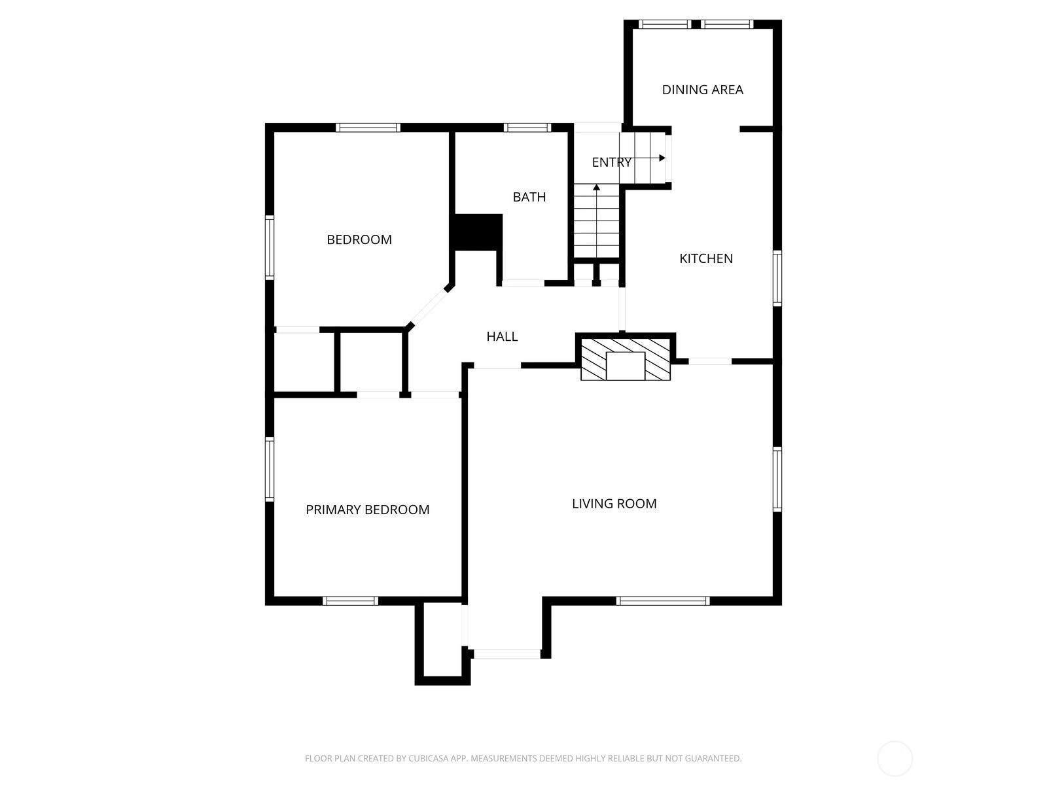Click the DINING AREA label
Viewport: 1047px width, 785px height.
click(x=702, y=90)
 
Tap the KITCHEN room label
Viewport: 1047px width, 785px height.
click(x=706, y=258)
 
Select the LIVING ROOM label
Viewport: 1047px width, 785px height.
click(x=614, y=503)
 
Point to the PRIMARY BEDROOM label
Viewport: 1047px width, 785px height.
click(x=367, y=510)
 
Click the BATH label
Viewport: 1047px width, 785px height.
click(x=529, y=197)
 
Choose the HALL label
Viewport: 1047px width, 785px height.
click(x=502, y=336)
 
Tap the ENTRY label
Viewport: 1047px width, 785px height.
click(x=611, y=162)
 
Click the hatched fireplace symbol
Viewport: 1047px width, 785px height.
click(x=626, y=360)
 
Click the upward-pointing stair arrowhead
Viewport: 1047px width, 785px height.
click(x=596, y=187)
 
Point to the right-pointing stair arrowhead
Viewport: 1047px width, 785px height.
click(x=662, y=158)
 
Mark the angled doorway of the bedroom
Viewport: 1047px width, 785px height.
click(x=428, y=307)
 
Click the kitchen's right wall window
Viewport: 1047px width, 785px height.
click(x=777, y=279)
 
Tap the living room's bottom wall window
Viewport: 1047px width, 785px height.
click(x=662, y=601)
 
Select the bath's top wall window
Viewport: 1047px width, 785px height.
click(x=527, y=128)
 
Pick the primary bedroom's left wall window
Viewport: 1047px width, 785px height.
click(x=270, y=470)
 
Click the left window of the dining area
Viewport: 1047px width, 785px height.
click(x=664, y=24)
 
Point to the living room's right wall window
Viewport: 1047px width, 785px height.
click(x=777, y=480)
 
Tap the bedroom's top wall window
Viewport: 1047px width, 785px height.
click(x=368, y=128)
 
